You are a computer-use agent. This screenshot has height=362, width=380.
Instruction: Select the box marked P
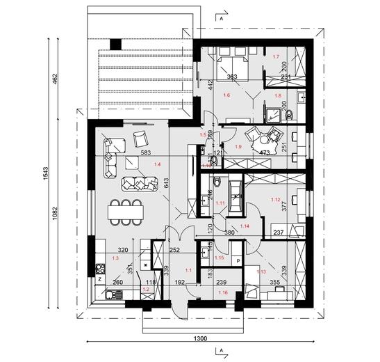click(238, 261)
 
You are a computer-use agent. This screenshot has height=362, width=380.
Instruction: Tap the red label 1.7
click(275, 56)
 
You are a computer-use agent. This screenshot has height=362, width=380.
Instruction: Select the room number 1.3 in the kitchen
click(115, 258)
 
